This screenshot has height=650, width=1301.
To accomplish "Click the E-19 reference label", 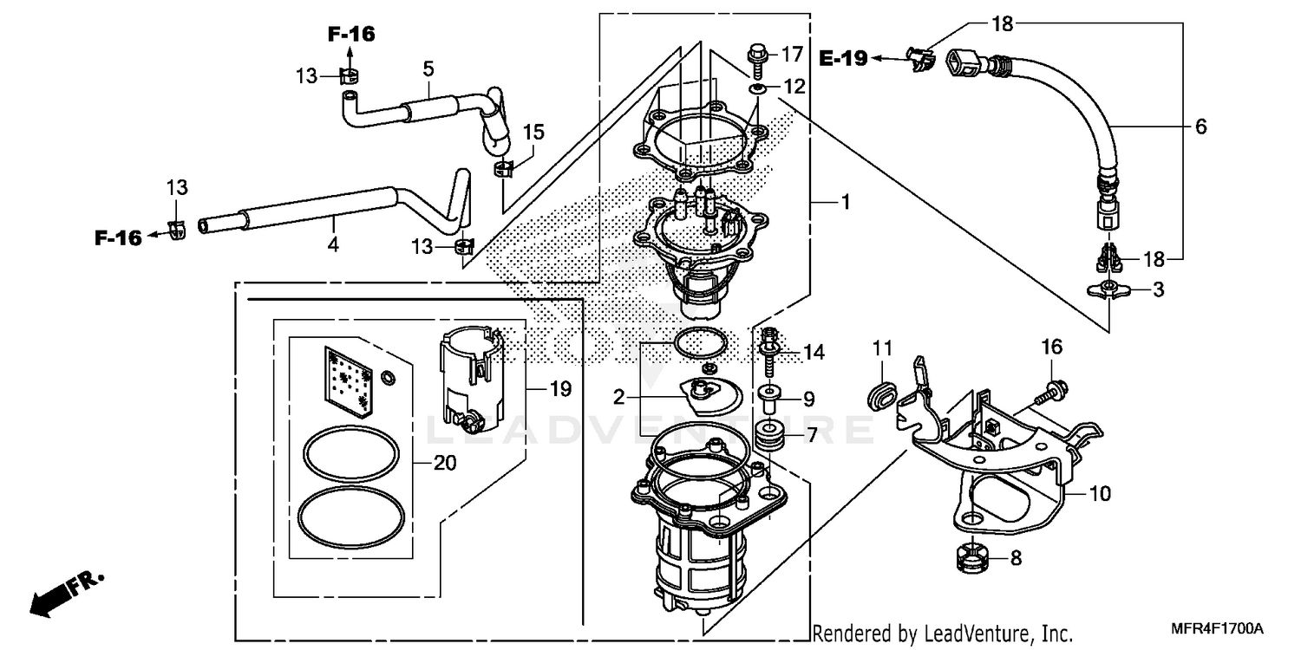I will pyautogui.click(x=843, y=58).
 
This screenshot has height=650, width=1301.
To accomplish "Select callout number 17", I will pyautogui.click(x=793, y=55).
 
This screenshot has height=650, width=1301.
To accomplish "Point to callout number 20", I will pyautogui.click(x=444, y=464).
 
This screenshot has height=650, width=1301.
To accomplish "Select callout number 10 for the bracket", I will pyautogui.click(x=1100, y=495).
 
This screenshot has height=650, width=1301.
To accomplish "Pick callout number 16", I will pyautogui.click(x=1051, y=348).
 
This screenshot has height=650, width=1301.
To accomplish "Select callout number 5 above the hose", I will pyautogui.click(x=428, y=68).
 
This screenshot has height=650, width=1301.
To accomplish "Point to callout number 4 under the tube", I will pyautogui.click(x=333, y=246).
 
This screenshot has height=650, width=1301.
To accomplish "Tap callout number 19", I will pyautogui.click(x=560, y=389).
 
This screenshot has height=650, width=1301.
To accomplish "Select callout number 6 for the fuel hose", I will pyautogui.click(x=1200, y=127).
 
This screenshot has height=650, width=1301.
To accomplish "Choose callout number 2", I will pyautogui.click(x=619, y=398).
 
